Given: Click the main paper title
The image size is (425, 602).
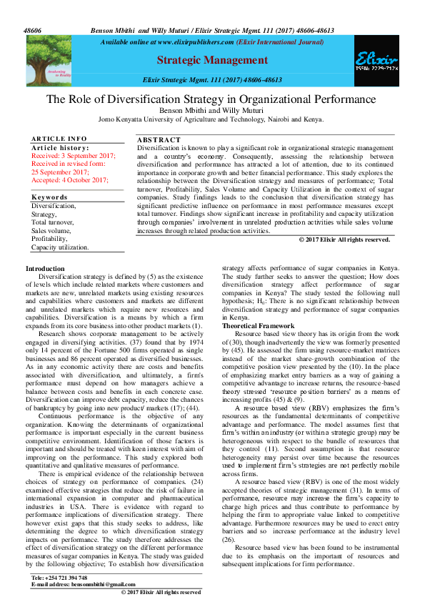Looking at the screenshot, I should (x=211, y=99).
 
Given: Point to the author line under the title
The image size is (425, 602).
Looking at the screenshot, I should (x=211, y=111).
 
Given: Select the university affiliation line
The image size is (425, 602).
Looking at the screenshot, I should (x=211, y=119).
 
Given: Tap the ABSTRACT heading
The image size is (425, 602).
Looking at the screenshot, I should (x=159, y=140).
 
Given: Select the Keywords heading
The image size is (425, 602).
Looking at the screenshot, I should (x=49, y=196).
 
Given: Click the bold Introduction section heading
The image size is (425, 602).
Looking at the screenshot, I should (x=45, y=267).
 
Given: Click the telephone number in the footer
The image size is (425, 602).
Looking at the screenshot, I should (x=60, y=577).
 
